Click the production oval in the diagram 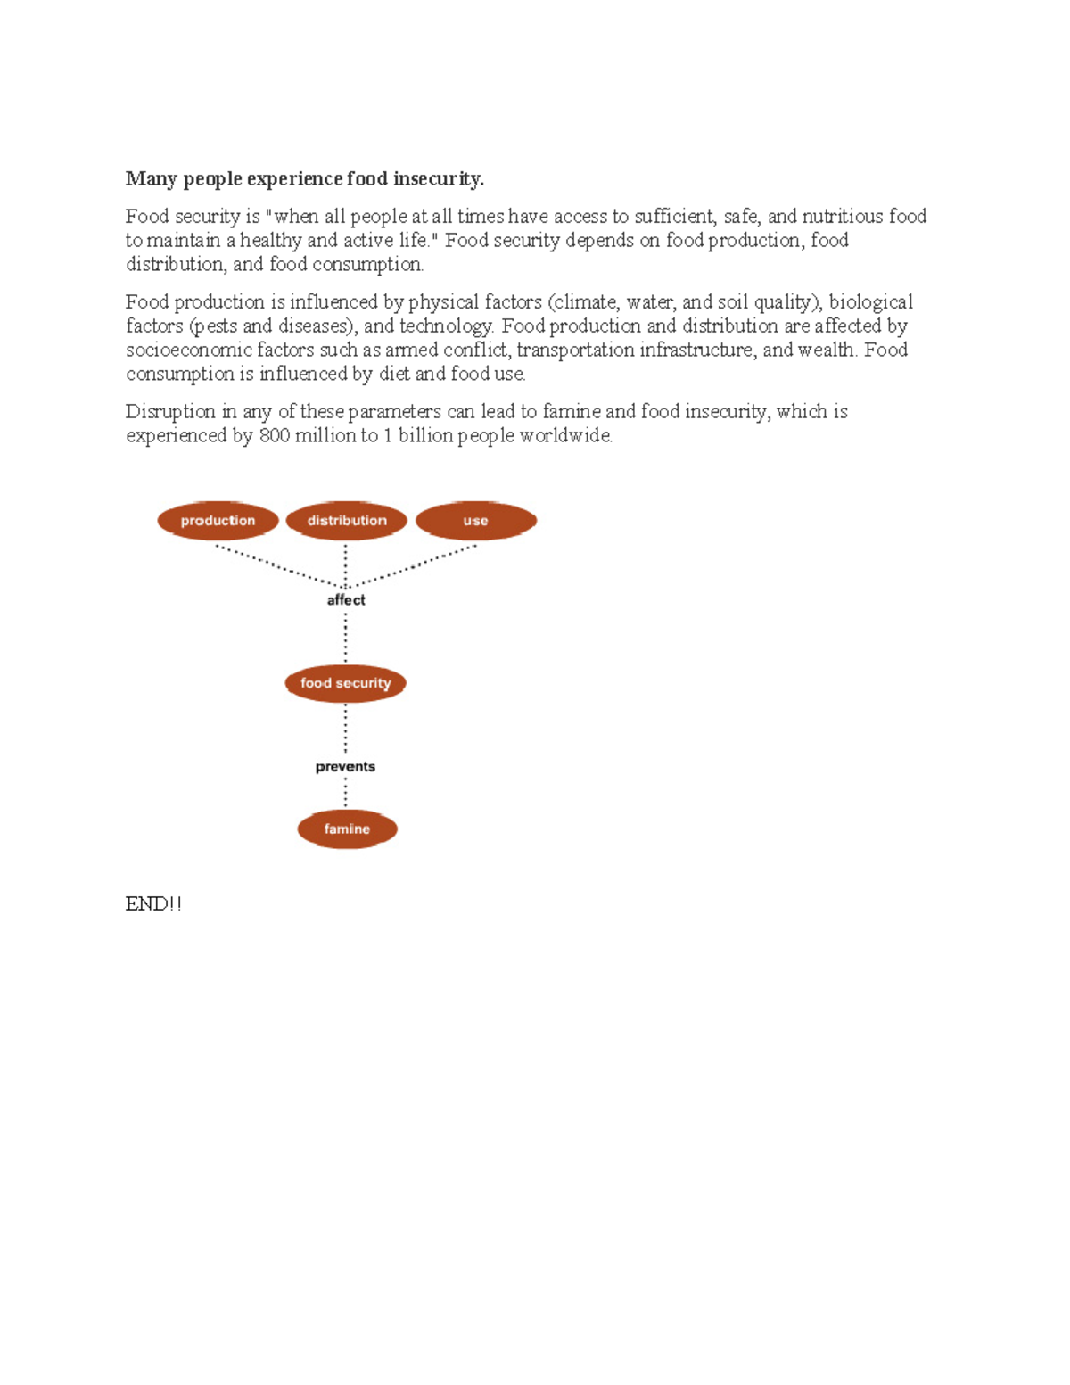218,521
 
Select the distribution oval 347,521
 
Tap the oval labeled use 475,521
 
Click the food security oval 345,683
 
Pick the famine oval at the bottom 347,829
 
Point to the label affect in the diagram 346,600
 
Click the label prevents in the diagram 345,767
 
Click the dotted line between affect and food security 346,637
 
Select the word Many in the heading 151,179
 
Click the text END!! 153,904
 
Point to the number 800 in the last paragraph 274,436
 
